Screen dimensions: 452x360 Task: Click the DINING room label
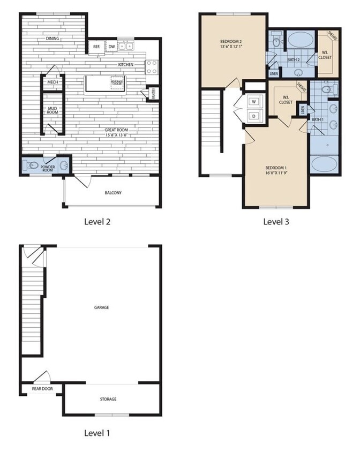pyautogui.click(x=52, y=39)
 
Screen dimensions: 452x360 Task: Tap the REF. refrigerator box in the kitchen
pyautogui.click(x=97, y=47)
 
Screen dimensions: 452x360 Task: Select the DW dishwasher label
pyautogui.click(x=112, y=47)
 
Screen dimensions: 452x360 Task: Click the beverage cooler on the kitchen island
pyautogui.click(x=117, y=83)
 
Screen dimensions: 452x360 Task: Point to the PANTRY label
pyautogui.click(x=154, y=94)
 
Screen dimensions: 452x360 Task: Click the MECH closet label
pyautogui.click(x=52, y=82)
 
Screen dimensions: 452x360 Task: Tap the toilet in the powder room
pyautogui.click(x=32, y=165)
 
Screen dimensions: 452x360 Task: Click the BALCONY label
pyautogui.click(x=113, y=193)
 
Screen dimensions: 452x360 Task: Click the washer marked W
pyautogui.click(x=253, y=101)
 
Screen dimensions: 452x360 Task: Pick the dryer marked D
pyautogui.click(x=253, y=115)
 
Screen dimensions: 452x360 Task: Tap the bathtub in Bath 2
pyautogui.click(x=301, y=41)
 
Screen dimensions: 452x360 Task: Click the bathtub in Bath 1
pyautogui.click(x=324, y=163)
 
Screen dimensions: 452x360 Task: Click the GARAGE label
pyautogui.click(x=101, y=307)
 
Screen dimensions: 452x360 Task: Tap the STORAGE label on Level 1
pyautogui.click(x=108, y=399)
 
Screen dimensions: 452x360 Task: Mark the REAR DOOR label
pyautogui.click(x=41, y=389)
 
